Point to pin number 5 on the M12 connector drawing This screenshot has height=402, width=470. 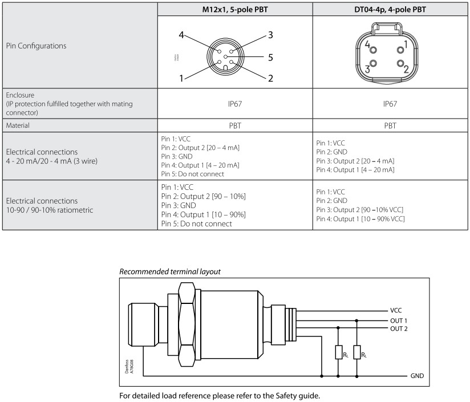[270, 57]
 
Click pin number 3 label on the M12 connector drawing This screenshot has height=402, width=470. [270, 35]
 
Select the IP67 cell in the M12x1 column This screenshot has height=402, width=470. [234, 104]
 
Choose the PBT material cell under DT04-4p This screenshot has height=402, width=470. [390, 125]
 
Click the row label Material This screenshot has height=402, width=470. [18, 125]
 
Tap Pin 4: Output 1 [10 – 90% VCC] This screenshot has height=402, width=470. [360, 219]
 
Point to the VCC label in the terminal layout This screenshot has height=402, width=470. [396, 310]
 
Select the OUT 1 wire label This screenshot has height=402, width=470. [399, 320]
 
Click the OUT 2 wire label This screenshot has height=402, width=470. [399, 328]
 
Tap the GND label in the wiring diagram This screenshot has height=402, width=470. [417, 377]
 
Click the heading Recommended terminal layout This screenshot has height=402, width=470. [169, 272]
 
